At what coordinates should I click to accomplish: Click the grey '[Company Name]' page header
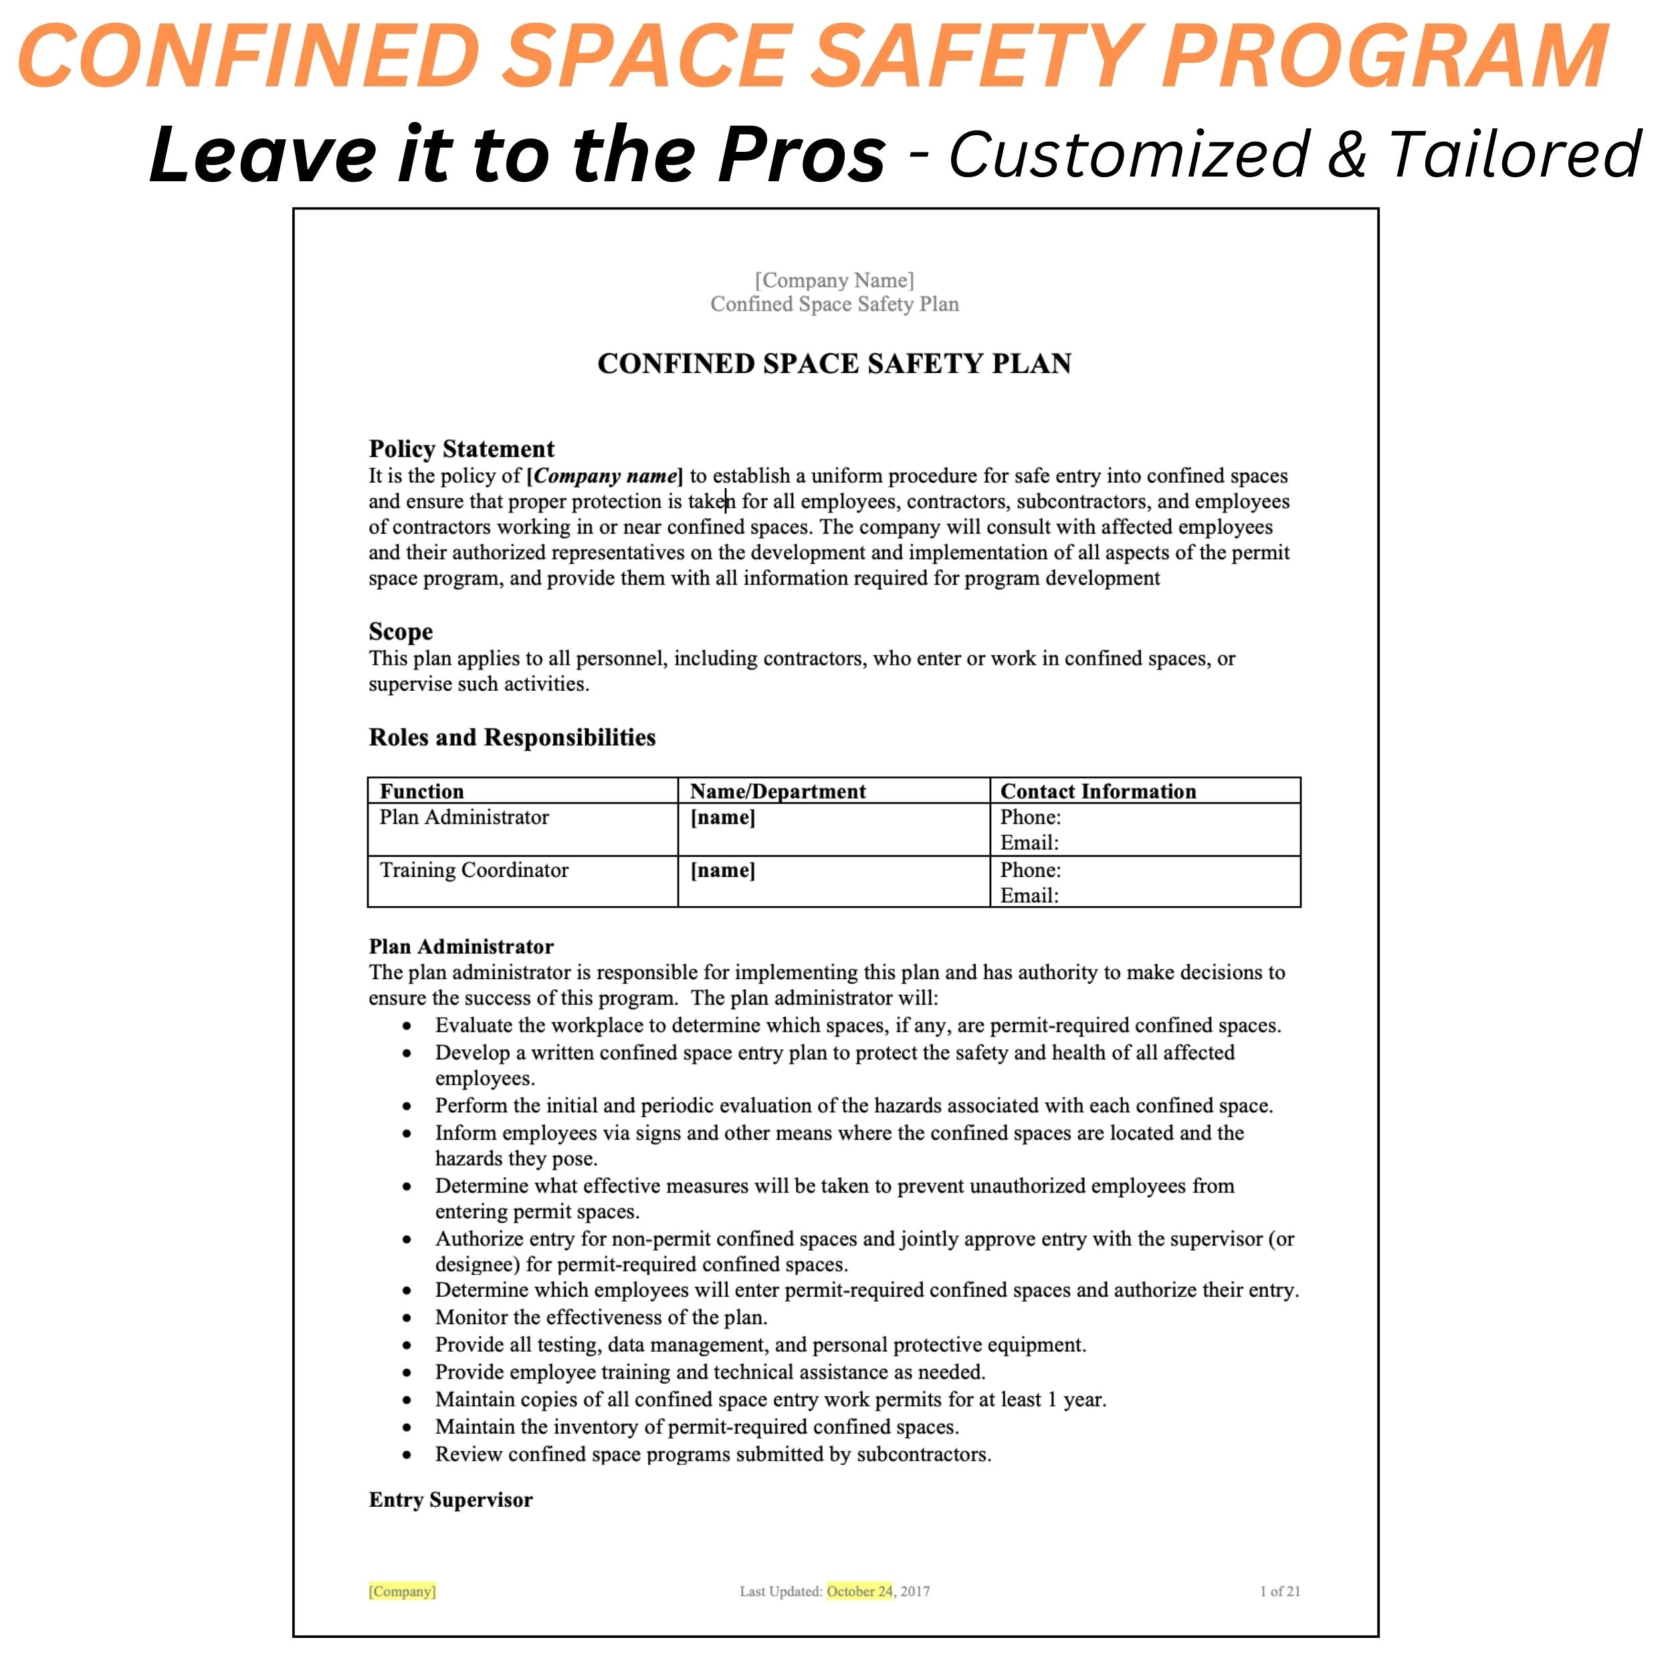834,280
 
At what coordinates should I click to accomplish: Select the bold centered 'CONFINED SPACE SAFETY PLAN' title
834,363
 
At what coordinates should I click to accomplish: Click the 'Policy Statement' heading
461,449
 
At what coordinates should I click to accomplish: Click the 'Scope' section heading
401,632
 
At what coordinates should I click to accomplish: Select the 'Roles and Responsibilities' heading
512,737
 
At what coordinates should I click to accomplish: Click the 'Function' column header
421,791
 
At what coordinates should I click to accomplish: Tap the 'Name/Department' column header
777,791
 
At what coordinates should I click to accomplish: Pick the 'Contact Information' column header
1098,791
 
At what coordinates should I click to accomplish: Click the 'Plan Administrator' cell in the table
464,817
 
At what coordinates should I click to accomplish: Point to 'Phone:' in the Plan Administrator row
1030,817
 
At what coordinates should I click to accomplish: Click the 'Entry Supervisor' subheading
451,1499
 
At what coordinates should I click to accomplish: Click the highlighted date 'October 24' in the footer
859,1592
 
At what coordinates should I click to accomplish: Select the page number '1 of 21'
1280,1592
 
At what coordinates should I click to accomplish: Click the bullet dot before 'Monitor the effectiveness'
407,1319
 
